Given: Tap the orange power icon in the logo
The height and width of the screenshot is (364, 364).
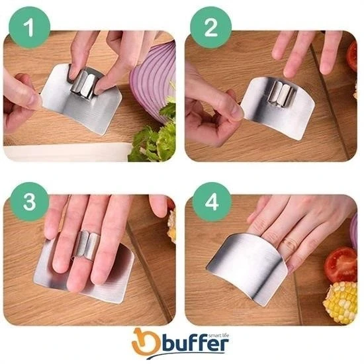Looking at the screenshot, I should tap(143, 341).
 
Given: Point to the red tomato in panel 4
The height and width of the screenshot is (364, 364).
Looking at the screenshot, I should tap(341, 264).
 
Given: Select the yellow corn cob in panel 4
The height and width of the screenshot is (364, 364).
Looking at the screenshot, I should tap(340, 302).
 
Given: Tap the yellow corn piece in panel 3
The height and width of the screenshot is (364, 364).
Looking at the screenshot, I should tap(172, 227).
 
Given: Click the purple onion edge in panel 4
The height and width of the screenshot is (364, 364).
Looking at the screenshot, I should tap(355, 232).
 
